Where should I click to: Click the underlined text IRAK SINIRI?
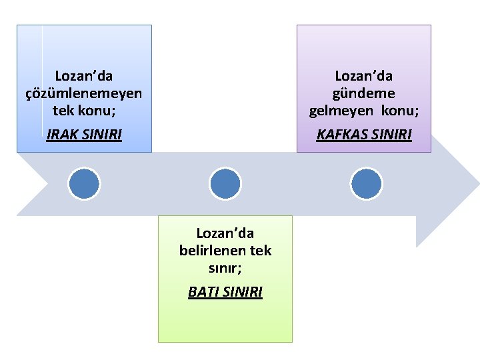pos(84,135)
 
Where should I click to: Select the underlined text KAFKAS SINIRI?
pos(364,135)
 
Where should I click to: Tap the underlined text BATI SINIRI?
pos(225,291)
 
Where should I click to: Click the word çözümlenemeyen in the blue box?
pos(83,93)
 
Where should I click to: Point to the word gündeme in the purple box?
pos(364,93)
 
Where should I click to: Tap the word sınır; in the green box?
pos(225,268)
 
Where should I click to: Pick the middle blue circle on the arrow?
pos(225,183)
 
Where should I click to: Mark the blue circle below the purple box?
pos(366,183)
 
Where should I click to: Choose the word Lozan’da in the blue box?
pos(83,77)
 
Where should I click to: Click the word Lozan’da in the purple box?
pos(364,77)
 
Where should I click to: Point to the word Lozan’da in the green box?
pos(225,233)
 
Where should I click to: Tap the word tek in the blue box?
pos(63,109)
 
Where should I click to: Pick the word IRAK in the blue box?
pos(62,135)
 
